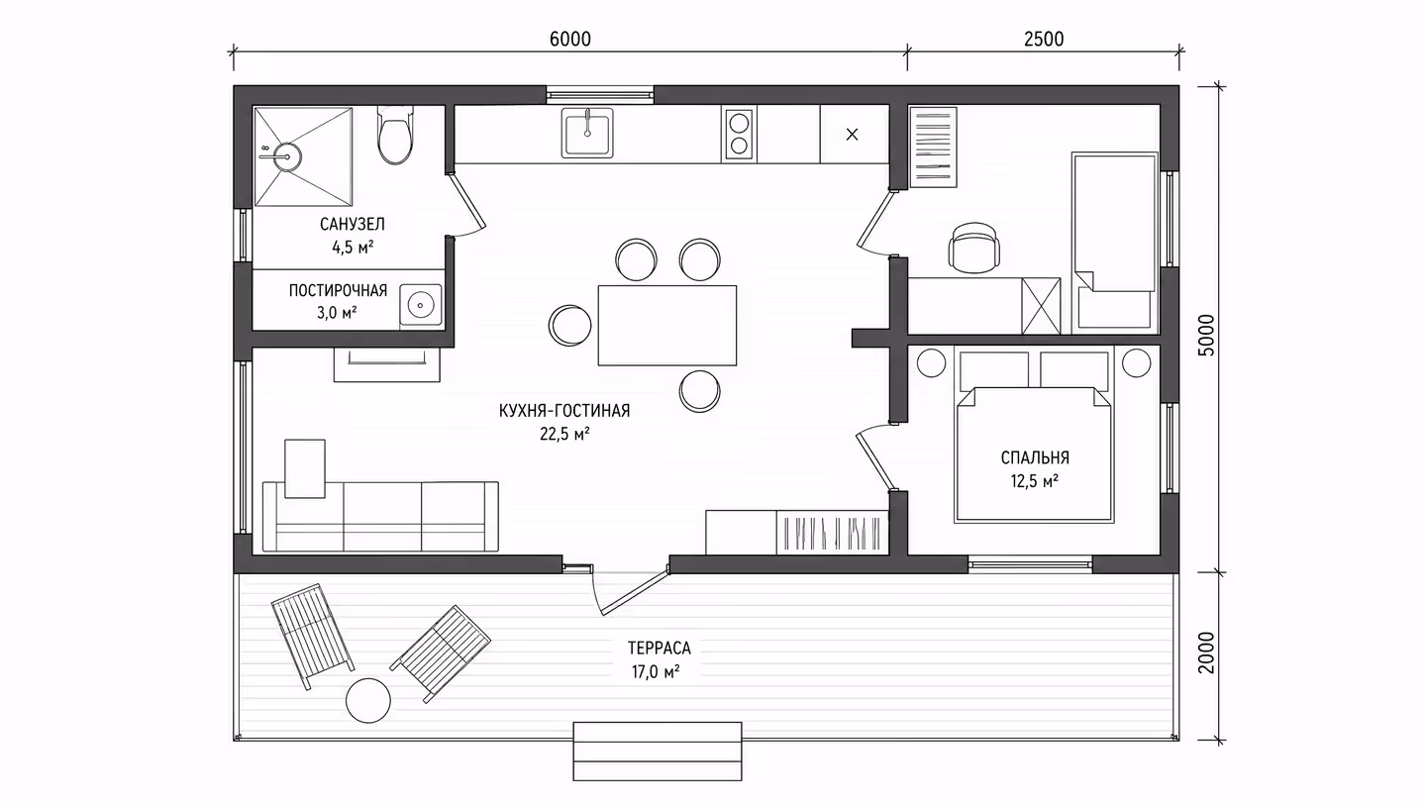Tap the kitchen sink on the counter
587,133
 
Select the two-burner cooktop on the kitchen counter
739,135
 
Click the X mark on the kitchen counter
852,135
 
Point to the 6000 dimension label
569,40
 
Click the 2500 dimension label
1044,40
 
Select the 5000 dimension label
1206,335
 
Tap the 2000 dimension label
1206,653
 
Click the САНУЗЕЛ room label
353,224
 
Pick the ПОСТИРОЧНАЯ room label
338,291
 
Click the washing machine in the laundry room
420,306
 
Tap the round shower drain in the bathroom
288,156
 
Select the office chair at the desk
973,247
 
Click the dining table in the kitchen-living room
667,326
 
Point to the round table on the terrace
368,700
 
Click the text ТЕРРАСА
659,649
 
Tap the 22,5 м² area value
564,435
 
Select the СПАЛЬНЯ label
1035,457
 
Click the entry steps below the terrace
657,752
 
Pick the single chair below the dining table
699,391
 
